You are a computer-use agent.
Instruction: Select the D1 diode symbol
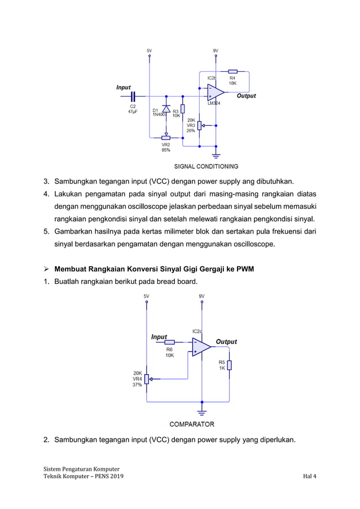166,108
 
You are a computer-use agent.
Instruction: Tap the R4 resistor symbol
232,72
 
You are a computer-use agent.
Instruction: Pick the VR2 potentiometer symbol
166,136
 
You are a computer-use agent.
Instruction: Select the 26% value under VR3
191,130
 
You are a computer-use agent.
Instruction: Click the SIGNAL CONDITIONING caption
205,166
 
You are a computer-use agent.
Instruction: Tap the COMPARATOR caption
192,424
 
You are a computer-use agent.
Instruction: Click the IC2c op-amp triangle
201,346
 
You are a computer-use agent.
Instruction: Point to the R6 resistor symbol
169,342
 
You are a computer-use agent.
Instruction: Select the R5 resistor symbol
229,365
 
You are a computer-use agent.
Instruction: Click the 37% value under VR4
137,385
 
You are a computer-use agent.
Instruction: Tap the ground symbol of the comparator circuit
201,411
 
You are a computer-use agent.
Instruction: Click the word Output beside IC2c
226,342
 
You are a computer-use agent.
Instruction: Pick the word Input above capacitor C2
123,87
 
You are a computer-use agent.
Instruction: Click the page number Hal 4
309,477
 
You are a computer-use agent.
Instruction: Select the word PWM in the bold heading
244,269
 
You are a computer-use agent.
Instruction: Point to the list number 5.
47,232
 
